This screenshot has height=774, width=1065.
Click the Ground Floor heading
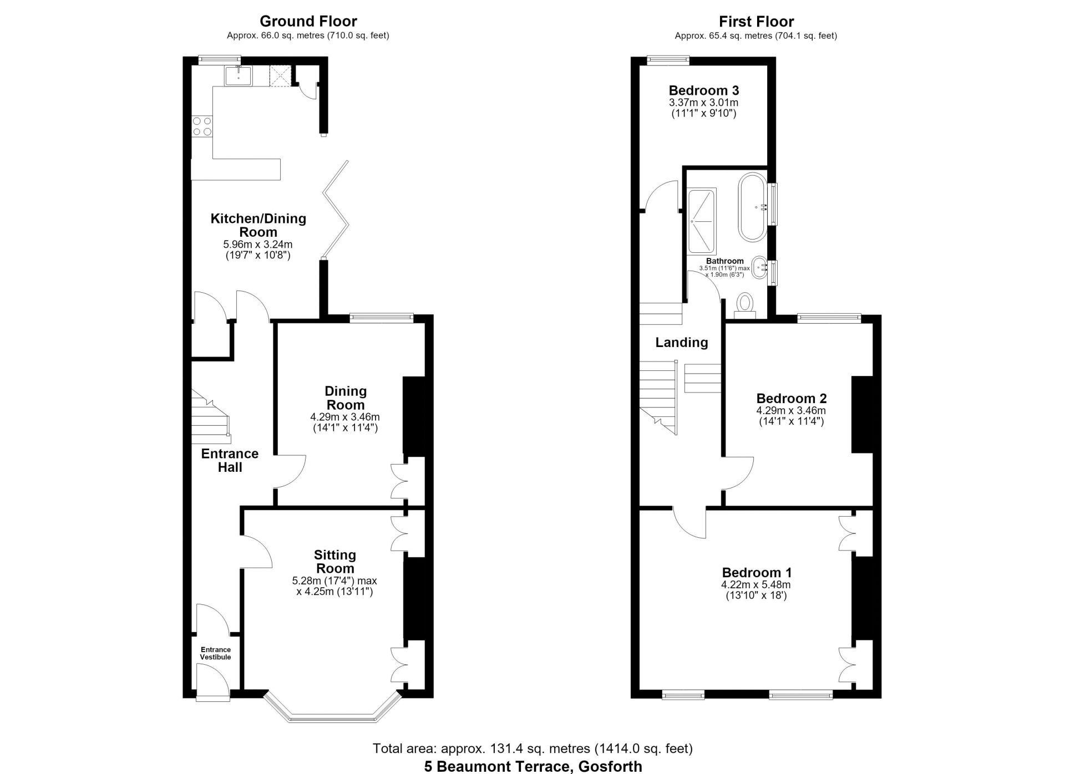click(308, 22)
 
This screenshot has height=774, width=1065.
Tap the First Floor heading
click(756, 22)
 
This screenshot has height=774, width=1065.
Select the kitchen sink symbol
click(239, 76)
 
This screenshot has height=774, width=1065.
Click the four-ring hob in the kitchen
click(201, 126)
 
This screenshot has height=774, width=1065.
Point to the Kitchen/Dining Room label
click(258, 225)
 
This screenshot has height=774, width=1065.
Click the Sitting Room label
click(334, 561)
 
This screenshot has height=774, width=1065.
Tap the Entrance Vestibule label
click(216, 653)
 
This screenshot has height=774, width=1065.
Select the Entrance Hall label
click(230, 460)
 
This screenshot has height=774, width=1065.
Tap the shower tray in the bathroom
click(702, 222)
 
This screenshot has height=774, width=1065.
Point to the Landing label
click(682, 343)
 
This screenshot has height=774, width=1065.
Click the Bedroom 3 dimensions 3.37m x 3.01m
click(703, 103)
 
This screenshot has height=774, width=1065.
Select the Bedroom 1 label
click(757, 573)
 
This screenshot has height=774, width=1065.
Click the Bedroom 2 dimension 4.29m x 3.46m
click(791, 411)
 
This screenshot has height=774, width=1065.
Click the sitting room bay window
click(332, 708)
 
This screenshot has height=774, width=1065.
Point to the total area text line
click(532, 748)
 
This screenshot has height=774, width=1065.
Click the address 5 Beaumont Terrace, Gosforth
click(533, 767)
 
